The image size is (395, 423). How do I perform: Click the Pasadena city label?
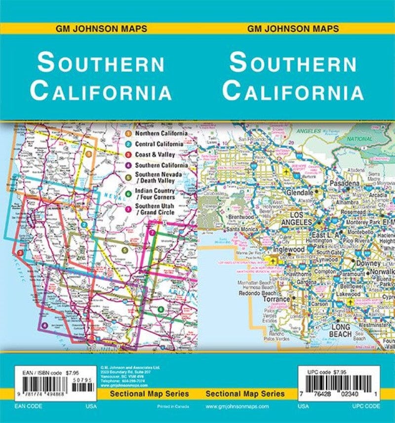[x=345, y=184]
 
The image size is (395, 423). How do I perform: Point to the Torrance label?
[x=276, y=299]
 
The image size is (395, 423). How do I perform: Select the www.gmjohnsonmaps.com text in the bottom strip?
[x=237, y=406]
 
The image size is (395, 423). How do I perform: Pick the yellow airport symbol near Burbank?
[x=286, y=172]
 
